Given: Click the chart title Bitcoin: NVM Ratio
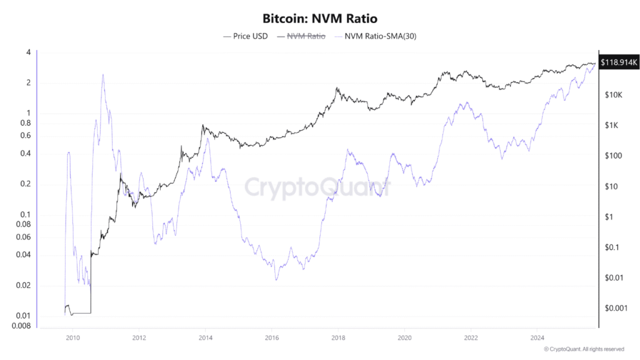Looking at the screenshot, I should pos(319,18).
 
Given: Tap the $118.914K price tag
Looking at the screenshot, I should pos(619,62).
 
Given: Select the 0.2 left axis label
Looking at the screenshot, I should pos(26,184).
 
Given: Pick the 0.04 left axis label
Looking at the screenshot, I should pos(24,255).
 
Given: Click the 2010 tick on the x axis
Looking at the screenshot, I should pos(73,338).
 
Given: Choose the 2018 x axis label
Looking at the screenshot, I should pos(338,338).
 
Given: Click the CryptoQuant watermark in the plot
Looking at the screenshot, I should pos(317,186).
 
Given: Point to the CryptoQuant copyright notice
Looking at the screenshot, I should pos(584,349).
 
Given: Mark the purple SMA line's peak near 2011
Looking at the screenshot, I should pos(102,74).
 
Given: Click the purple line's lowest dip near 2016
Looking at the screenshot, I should pos(276,279).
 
